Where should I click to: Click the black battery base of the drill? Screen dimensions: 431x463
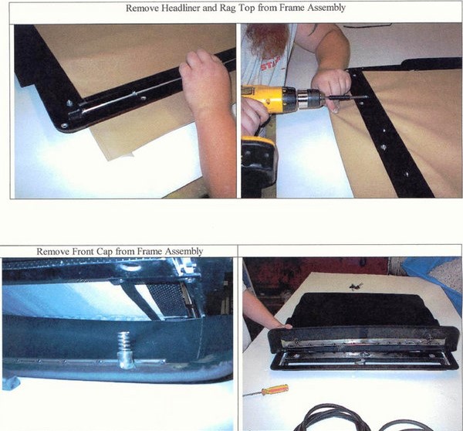(256, 159)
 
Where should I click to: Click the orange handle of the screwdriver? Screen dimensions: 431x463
(275, 390)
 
